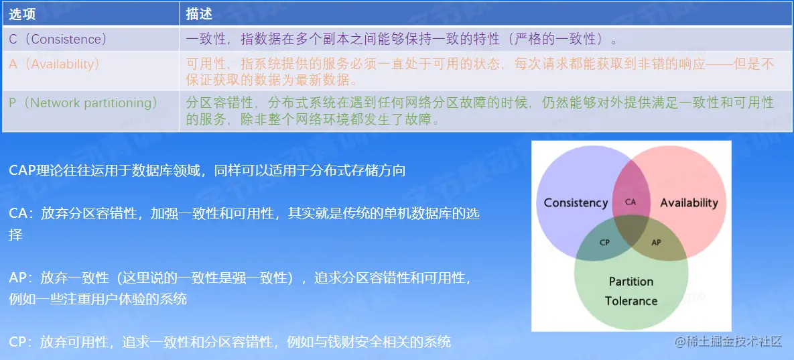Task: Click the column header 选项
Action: [x=22, y=15]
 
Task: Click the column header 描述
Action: [x=199, y=15]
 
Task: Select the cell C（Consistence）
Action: [x=58, y=39]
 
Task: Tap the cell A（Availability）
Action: [x=54, y=64]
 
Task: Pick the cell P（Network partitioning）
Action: [x=84, y=103]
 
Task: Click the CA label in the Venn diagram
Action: [x=630, y=202]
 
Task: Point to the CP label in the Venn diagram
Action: [x=604, y=242]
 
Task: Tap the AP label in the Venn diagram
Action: [x=656, y=242]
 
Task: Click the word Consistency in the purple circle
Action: [x=576, y=203]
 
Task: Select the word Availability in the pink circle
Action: [x=689, y=203]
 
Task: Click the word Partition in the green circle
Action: [x=631, y=282]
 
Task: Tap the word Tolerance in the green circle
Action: [x=631, y=301]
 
